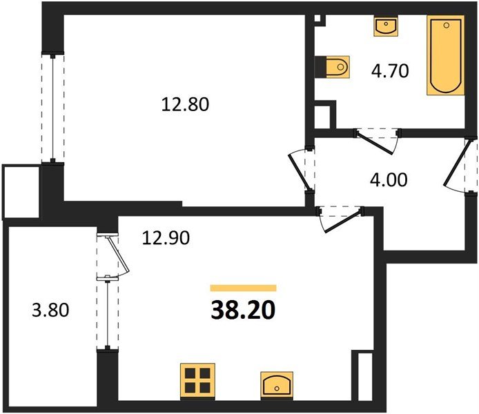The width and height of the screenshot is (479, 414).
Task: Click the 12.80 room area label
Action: (184, 105)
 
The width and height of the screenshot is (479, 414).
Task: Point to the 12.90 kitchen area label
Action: (166, 238)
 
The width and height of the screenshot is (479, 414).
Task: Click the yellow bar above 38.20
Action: (243, 288)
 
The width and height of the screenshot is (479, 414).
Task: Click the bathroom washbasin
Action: (384, 26)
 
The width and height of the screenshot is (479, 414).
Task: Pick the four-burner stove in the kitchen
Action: (197, 382)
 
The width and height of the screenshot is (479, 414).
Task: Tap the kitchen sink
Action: (277, 384)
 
